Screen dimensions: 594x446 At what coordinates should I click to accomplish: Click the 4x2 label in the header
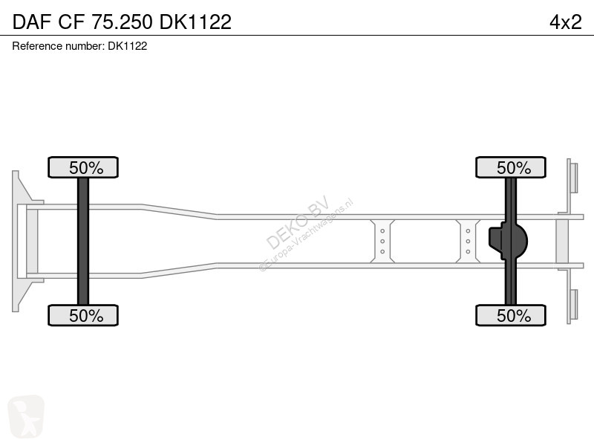(x=565, y=22)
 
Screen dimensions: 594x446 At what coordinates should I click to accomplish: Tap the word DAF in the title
(x=31, y=22)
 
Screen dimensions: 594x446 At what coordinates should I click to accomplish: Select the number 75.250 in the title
(x=122, y=22)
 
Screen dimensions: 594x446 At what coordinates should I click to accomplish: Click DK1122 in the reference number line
(x=127, y=46)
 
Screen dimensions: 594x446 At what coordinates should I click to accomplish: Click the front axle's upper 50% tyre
(x=83, y=167)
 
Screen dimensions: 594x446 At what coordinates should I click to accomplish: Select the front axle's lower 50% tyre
(x=83, y=315)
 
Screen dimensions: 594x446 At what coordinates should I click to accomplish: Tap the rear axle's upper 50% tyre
(x=511, y=167)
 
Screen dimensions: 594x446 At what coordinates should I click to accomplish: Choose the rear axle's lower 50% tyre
(x=511, y=315)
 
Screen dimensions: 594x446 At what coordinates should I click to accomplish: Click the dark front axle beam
(x=83, y=241)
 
